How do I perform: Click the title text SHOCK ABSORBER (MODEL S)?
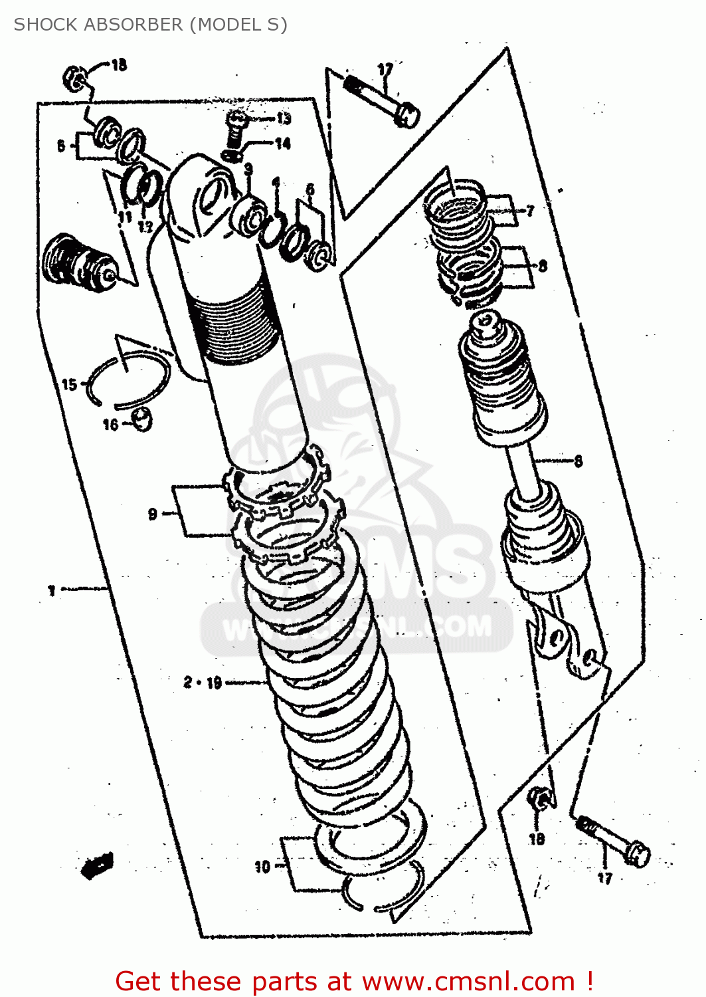150,25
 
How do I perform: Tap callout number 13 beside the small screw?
284,119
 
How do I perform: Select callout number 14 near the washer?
283,144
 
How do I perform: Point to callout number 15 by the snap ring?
69,384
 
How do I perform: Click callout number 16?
110,424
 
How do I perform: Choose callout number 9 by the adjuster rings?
153,514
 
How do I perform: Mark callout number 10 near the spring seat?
262,867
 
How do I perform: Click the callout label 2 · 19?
203,683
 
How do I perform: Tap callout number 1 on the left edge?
52,590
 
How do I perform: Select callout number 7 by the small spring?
530,211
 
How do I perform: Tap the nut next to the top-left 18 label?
74,78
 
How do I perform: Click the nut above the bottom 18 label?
540,798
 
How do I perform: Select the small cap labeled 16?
142,419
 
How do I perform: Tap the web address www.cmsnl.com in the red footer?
468,981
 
